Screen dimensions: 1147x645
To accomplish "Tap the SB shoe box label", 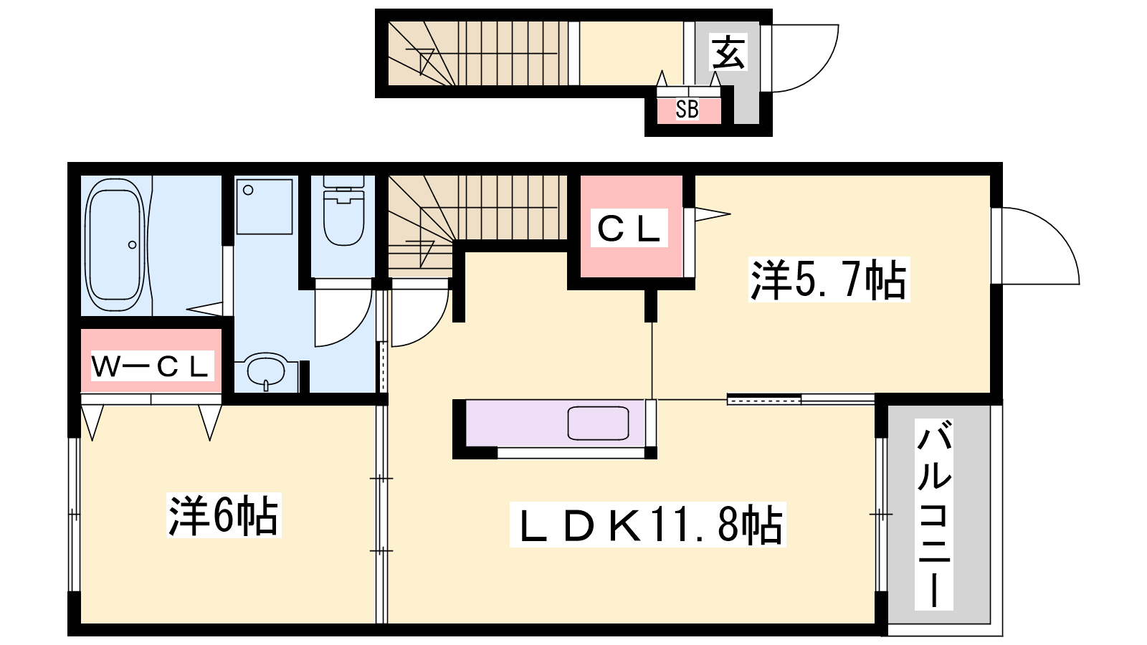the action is (x=687, y=109).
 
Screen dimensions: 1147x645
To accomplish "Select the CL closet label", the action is (x=629, y=229).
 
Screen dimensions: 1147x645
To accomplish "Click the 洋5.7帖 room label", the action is (x=828, y=279).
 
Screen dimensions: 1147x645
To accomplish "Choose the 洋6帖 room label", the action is (x=223, y=515).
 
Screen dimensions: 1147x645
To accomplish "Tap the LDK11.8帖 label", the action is (x=647, y=524).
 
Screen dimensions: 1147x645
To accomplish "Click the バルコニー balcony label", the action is (x=934, y=513).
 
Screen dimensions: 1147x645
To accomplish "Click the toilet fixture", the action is (x=343, y=211).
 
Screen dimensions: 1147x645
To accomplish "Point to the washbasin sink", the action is (x=266, y=371).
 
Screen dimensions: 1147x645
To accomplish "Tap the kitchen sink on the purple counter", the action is (x=598, y=423).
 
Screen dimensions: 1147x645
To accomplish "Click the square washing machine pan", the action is (x=265, y=206).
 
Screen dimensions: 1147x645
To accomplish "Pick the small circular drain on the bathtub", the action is (x=132, y=244).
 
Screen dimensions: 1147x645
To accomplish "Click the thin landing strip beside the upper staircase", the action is (x=573, y=53).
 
